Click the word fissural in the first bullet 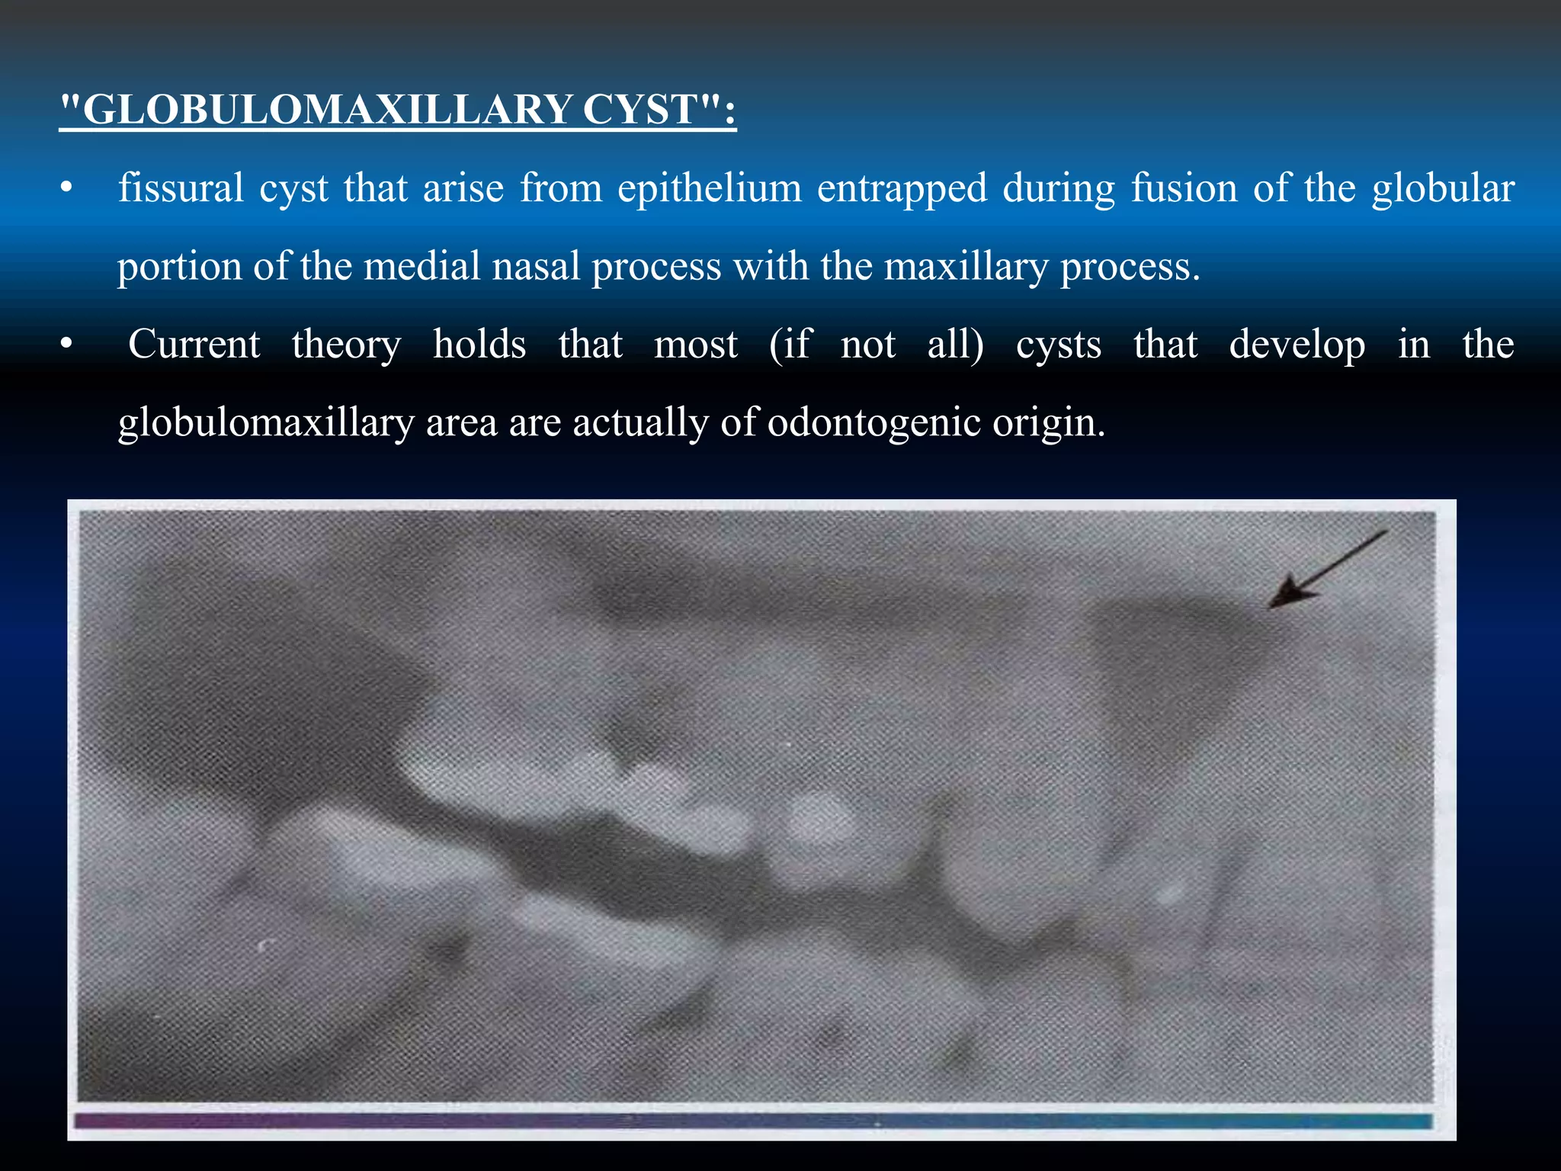click(x=181, y=188)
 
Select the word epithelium click(x=710, y=188)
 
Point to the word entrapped click(x=902, y=188)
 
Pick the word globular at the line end click(x=1443, y=188)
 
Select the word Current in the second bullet click(x=194, y=344)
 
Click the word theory click(x=347, y=345)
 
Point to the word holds click(x=479, y=344)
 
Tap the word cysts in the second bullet click(x=1059, y=345)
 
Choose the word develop click(x=1297, y=345)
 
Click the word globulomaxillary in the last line click(x=266, y=423)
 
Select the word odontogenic click(x=873, y=423)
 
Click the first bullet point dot click(x=67, y=188)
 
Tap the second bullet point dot click(x=67, y=345)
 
